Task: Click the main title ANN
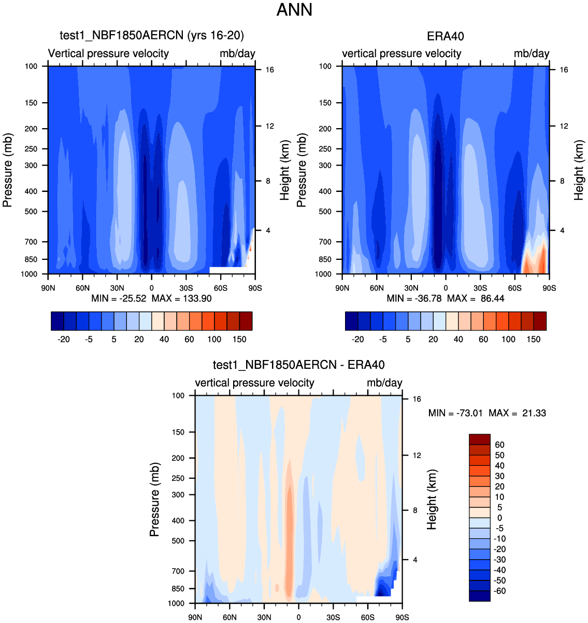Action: [294, 10]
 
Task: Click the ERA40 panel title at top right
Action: [445, 36]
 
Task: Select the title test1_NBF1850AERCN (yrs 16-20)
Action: [152, 35]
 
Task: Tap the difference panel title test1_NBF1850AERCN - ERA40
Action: [298, 365]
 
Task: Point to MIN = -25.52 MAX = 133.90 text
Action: [151, 298]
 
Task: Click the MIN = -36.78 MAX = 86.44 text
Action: [446, 298]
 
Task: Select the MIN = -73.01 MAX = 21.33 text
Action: [487, 413]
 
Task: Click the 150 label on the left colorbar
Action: [239, 339]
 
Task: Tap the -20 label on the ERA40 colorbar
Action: [357, 339]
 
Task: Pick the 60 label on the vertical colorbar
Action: [499, 445]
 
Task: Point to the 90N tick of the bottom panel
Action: [195, 617]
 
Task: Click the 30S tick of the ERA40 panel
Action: [480, 288]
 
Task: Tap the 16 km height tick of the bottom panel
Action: [417, 399]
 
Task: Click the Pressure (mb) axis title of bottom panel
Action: [154, 499]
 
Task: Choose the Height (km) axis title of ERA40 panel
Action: [579, 170]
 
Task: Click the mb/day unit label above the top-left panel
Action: [237, 53]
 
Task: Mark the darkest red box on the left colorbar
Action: [246, 321]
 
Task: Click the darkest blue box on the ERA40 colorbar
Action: [351, 321]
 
